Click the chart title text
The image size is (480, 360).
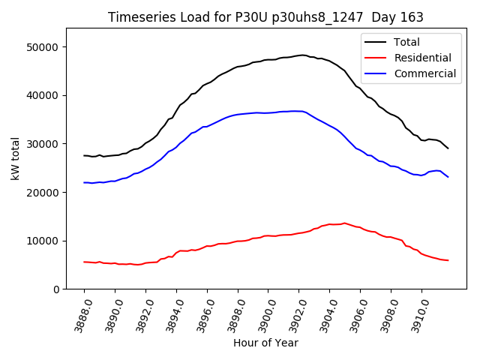click(x=265, y=17)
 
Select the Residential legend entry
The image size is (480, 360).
click(x=416, y=58)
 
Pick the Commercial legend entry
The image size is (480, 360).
click(x=418, y=73)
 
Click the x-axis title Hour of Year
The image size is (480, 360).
click(x=265, y=343)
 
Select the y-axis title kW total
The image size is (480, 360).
click(x=15, y=158)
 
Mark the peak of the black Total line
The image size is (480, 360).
click(x=301, y=55)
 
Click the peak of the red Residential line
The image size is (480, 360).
click(x=344, y=223)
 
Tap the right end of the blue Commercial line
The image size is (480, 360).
click(x=448, y=177)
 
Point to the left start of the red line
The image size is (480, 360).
click(x=84, y=262)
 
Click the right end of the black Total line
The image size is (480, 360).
click(x=448, y=148)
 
